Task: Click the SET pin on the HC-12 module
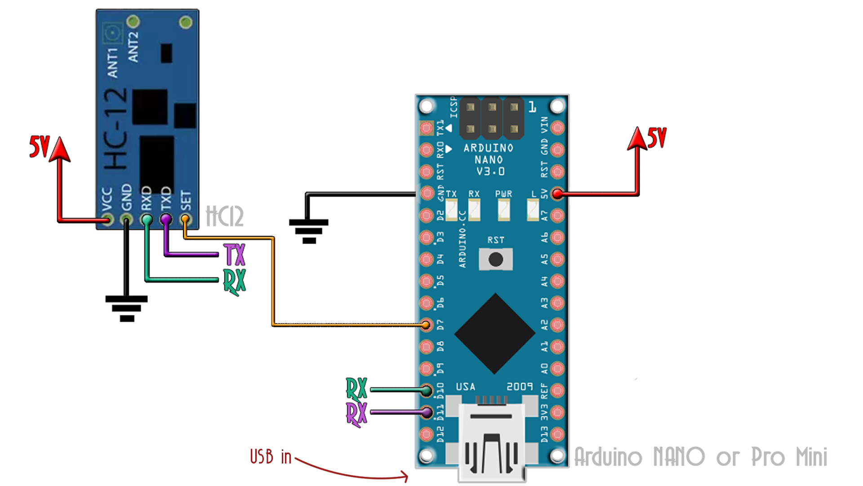point(185,219)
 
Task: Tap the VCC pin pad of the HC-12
point(107,220)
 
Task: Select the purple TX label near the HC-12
point(235,255)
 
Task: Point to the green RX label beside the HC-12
point(235,282)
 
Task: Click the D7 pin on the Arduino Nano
point(426,324)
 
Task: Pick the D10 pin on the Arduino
point(426,390)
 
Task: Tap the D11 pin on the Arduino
point(426,412)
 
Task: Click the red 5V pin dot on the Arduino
point(557,194)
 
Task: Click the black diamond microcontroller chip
point(495,333)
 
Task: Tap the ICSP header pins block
point(492,118)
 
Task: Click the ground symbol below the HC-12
point(127,309)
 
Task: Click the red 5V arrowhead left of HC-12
point(60,149)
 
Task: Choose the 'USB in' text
point(271,457)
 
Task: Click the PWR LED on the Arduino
point(504,209)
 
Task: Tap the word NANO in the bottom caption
point(679,457)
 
